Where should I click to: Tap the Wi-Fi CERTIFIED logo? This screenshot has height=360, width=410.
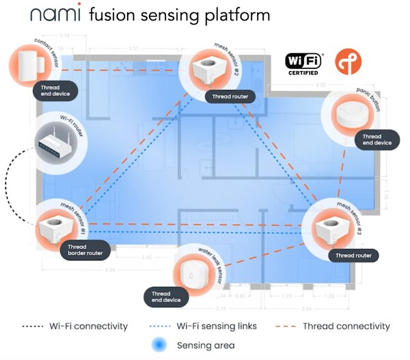point(305,64)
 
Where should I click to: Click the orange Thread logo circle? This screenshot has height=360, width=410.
point(348,61)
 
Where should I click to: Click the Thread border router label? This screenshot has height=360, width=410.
point(83,249)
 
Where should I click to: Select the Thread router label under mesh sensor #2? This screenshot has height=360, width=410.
point(230,96)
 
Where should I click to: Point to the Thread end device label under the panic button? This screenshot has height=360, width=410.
point(376,140)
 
